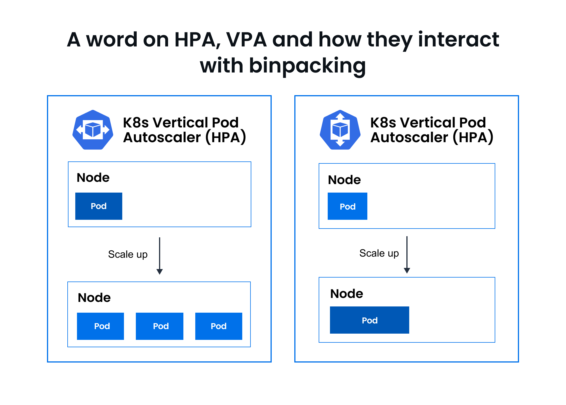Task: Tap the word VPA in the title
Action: [x=246, y=39]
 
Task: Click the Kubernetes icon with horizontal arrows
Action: [x=93, y=130]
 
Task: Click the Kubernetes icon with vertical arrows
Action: [x=340, y=130]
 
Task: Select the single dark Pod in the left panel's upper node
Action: [x=99, y=206]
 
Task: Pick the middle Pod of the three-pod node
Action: [x=160, y=326]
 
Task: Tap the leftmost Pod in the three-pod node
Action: [x=100, y=326]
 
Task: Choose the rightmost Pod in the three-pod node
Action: [x=219, y=326]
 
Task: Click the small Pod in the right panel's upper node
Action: [x=348, y=206]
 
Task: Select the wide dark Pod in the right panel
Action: [x=370, y=320]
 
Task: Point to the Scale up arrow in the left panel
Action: [x=160, y=256]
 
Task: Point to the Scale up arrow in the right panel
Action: [x=407, y=255]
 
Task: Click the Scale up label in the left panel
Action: [x=128, y=255]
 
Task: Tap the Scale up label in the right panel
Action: [x=379, y=253]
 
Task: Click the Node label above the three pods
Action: [x=94, y=298]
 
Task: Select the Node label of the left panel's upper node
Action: [x=93, y=178]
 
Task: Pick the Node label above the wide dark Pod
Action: [x=347, y=294]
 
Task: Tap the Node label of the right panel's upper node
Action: [x=344, y=180]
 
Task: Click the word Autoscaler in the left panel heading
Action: [x=162, y=137]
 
